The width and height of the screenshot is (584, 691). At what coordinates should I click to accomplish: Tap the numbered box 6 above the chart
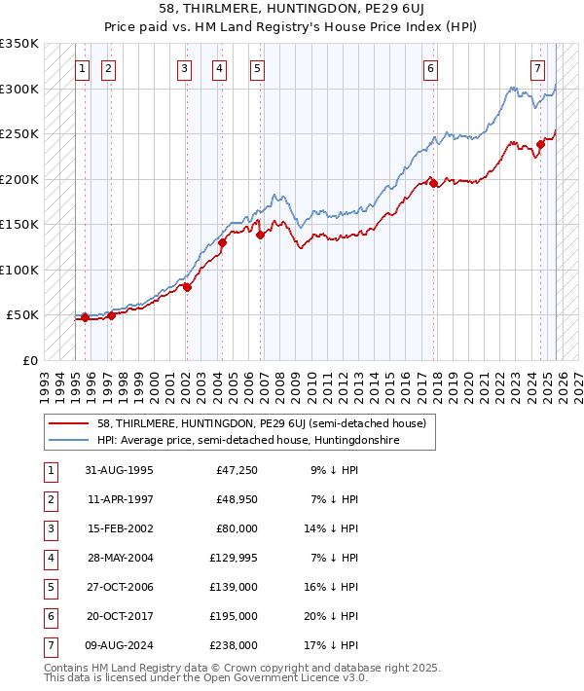tap(430, 68)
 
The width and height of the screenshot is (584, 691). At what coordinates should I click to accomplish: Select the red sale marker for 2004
tap(222, 243)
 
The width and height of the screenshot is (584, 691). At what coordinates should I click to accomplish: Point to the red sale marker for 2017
tap(433, 182)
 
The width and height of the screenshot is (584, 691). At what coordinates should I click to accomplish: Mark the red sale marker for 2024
tap(540, 144)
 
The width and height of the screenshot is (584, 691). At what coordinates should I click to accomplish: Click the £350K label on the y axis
tap(19, 44)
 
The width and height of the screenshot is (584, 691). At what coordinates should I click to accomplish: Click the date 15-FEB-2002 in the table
tap(119, 528)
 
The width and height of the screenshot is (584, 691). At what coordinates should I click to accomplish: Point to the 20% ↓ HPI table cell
tap(331, 616)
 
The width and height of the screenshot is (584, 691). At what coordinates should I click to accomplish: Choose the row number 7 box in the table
tap(50, 645)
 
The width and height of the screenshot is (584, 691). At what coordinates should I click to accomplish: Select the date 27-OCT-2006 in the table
tap(119, 587)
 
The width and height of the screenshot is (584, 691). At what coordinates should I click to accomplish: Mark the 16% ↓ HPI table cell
tap(331, 587)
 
